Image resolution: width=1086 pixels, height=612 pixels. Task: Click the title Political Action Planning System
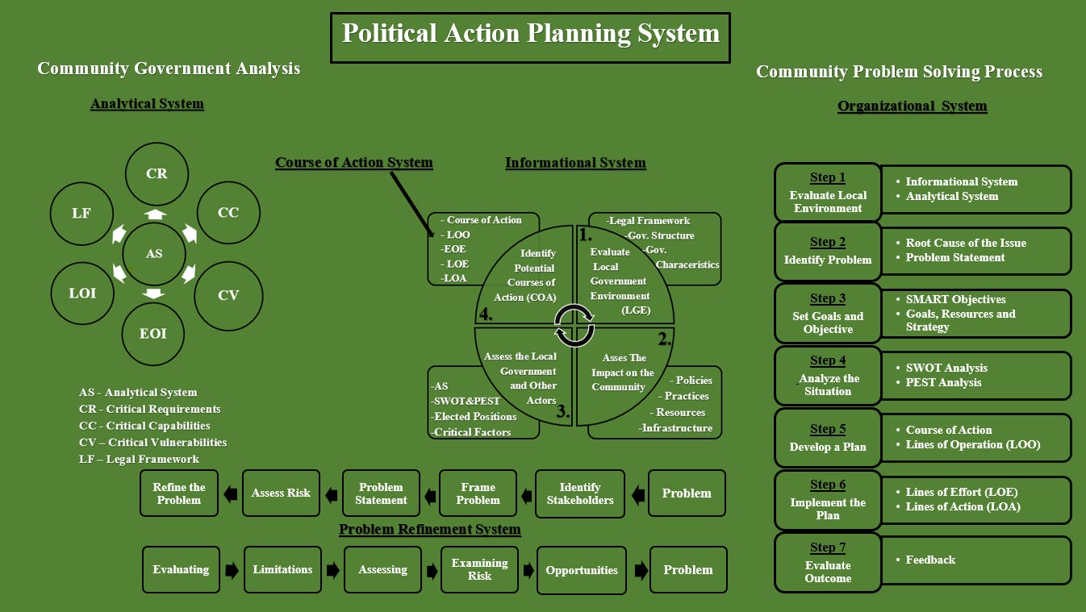pos(530,35)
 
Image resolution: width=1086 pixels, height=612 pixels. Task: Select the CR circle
pos(157,173)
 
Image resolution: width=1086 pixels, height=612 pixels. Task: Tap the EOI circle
pos(153,333)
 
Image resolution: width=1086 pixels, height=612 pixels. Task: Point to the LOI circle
pos(83,293)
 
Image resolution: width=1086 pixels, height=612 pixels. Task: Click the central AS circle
pos(154,253)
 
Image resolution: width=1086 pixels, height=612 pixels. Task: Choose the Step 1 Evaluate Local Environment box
pos(827,189)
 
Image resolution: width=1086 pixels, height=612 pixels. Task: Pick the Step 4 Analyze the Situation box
pos(827,375)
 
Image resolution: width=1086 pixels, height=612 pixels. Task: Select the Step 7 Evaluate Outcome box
pos(827,562)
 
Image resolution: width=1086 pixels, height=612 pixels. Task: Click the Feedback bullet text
pos(929,560)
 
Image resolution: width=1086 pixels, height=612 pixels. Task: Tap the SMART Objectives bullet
pos(955,299)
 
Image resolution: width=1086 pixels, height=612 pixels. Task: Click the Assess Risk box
pos(281,493)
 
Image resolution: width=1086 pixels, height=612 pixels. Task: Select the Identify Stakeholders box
pos(580,493)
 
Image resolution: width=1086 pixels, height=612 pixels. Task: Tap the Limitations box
pos(282,569)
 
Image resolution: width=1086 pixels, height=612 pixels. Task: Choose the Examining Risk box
pos(479,569)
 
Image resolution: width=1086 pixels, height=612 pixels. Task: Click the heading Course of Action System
pos(353,163)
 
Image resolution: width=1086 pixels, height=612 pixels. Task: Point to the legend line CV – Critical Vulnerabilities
pos(152,442)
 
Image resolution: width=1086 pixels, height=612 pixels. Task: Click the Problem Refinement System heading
pos(429,530)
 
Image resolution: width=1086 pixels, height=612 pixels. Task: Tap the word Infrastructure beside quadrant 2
pos(676,428)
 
